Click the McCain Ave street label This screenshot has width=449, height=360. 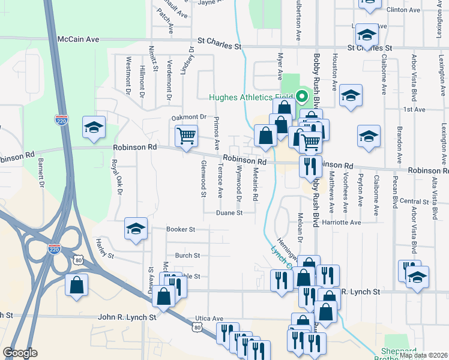point(78,39)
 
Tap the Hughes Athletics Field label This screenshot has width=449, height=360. point(250,97)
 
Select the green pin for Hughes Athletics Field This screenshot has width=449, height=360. point(302,97)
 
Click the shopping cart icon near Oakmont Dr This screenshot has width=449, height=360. point(187,136)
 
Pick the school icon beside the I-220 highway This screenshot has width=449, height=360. point(93,127)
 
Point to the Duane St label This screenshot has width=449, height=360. point(230,212)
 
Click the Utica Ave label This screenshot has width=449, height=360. point(209,319)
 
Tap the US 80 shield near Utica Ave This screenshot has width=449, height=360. point(198,327)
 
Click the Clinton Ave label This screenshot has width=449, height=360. point(404,10)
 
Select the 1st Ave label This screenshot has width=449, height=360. point(414,110)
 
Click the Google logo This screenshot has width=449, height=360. point(20,353)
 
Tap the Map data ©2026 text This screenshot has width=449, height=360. point(423,355)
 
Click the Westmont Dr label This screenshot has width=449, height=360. point(128,76)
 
